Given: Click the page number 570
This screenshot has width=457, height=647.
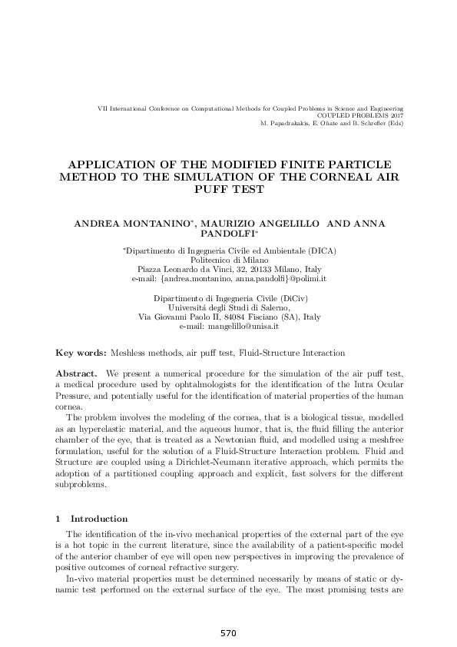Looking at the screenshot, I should tap(227, 633).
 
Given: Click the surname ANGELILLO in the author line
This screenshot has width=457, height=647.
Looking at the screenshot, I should tap(290, 223).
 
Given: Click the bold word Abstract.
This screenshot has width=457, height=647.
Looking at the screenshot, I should tap(74, 373).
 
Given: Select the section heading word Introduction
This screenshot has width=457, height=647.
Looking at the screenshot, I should tap(99, 519).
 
